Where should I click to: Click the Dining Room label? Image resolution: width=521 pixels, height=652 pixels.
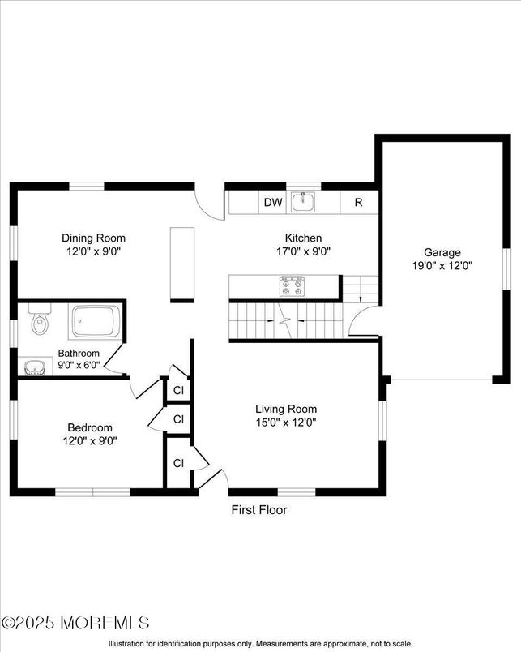94,238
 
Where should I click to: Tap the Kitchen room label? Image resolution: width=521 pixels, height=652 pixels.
303,238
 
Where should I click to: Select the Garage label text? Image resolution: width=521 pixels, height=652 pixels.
442,252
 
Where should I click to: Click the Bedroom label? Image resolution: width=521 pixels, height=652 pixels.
90,427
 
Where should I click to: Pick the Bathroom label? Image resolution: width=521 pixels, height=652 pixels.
79,354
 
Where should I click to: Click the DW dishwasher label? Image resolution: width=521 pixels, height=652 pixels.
272,203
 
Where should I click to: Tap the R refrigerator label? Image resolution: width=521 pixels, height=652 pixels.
357,203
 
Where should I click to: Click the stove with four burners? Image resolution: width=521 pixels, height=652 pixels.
292,285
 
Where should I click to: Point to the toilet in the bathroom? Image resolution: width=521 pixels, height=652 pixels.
40,324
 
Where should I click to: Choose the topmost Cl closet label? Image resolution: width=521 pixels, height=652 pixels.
179,390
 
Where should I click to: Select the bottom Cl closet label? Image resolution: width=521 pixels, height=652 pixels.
179,463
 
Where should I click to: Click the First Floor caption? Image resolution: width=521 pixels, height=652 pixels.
259,510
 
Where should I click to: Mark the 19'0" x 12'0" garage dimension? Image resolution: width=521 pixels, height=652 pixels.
442,264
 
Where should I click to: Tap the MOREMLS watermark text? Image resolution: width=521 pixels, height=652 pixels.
76,623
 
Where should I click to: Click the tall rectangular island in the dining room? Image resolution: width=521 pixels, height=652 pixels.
182,265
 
